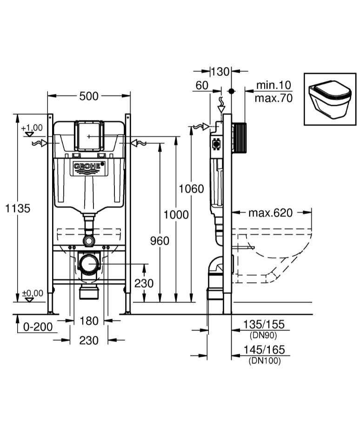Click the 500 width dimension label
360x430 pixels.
pyautogui.click(x=89, y=96)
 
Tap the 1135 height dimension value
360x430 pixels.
pyautogui.click(x=18, y=208)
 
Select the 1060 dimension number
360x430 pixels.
pyautogui.click(x=192, y=188)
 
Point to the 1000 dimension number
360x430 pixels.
pyautogui.click(x=176, y=215)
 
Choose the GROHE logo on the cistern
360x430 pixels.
pyautogui.click(x=89, y=167)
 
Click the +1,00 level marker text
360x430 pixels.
pyautogui.click(x=32, y=128)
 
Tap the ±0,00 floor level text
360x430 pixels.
pyautogui.click(x=32, y=293)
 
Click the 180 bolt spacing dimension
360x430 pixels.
pyautogui.click(x=89, y=321)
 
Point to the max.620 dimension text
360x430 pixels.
pyautogui.click(x=270, y=213)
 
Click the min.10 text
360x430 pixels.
pyautogui.click(x=273, y=85)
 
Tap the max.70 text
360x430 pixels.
pyautogui.click(x=273, y=99)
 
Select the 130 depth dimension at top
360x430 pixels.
pyautogui.click(x=220, y=71)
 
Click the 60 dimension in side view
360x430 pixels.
pyautogui.click(x=201, y=85)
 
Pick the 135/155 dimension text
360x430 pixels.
pyautogui.click(x=265, y=324)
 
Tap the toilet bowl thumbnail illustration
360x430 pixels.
pyautogui.click(x=330, y=99)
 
